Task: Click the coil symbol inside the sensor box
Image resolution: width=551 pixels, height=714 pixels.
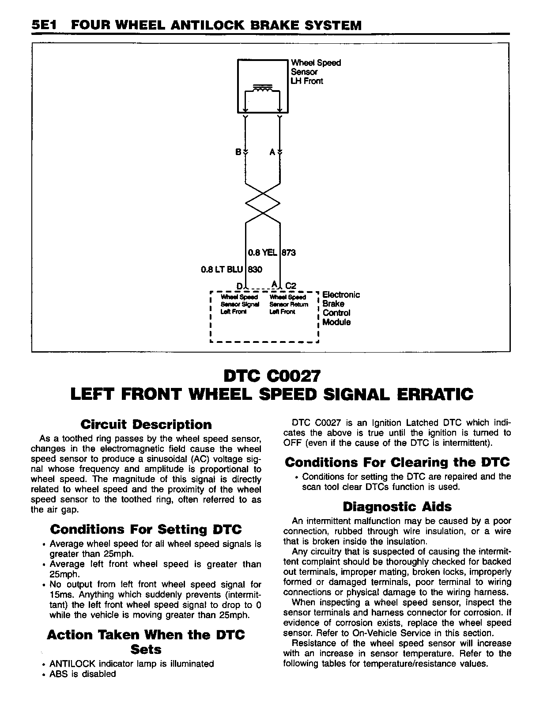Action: point(263,90)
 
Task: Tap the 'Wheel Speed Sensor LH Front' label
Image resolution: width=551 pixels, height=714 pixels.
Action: point(315,72)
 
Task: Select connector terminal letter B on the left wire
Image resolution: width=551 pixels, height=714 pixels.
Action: point(238,152)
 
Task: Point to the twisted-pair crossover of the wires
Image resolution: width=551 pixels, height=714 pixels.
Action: point(263,203)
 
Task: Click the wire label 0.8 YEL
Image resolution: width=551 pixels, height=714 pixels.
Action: point(262,253)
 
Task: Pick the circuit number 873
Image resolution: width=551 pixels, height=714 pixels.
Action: point(289,253)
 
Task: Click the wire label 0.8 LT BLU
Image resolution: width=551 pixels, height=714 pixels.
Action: point(222,270)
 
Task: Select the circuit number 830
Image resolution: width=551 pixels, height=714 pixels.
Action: point(255,270)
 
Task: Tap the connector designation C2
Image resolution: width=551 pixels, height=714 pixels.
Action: point(291,286)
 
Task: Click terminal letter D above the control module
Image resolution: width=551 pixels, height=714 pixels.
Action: point(239,286)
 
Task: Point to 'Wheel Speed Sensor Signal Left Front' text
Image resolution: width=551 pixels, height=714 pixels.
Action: point(239,304)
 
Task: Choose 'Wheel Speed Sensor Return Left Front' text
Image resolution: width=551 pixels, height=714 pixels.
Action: point(288,304)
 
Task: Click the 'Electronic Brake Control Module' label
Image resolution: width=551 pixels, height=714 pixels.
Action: point(341,308)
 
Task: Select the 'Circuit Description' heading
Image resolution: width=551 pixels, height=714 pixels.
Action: point(146,425)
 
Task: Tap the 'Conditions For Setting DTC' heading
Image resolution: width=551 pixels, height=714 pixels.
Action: point(146,529)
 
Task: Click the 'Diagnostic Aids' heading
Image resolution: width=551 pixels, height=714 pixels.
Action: point(397,506)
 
